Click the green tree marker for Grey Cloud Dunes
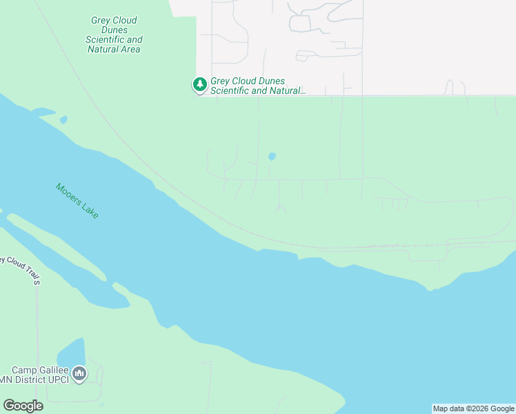pos(200,85)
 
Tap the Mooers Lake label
pos(77,201)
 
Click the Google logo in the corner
pos(23,405)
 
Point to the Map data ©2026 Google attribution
pos(473,408)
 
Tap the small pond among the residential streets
pos(272,157)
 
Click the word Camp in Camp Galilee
pos(24,370)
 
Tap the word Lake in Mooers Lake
pos(90,210)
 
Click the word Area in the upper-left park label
pos(129,50)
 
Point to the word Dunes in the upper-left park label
pos(115,30)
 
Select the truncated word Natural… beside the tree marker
pos(284,90)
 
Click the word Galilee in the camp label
pos(53,370)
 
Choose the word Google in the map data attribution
pos(502,408)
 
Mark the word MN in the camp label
pos(6,380)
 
